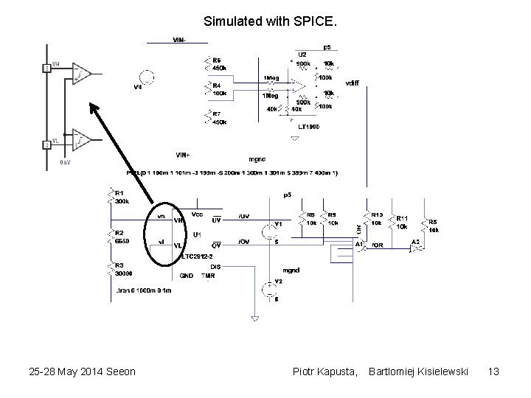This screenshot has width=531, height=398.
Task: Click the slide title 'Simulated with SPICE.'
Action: tap(264, 21)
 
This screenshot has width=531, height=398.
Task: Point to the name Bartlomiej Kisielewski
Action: tap(418, 371)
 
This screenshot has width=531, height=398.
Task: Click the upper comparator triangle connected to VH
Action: tap(81, 74)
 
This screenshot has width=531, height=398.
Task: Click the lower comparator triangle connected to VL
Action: tap(81, 139)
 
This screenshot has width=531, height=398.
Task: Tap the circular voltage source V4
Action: tap(146, 77)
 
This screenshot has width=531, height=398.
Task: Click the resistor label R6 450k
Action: tap(219, 64)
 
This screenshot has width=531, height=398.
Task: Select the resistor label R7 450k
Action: tap(219, 118)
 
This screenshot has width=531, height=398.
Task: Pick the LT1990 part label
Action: tap(309, 127)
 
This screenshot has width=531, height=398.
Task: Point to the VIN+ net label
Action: tap(182, 155)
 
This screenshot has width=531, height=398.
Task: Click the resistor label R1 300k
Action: tap(121, 196)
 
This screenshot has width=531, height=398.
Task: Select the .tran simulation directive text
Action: tap(143, 290)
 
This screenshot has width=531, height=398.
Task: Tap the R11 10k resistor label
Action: tap(402, 222)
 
